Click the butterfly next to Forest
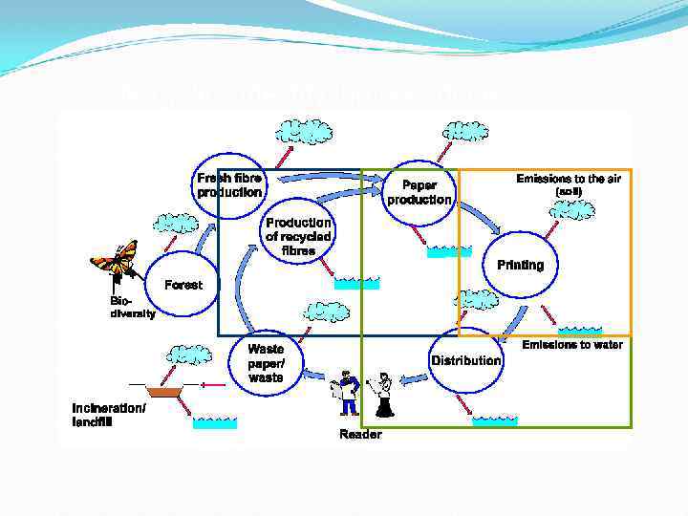point(116,261)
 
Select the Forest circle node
point(183,285)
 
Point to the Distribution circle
point(465,360)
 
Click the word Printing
point(520,265)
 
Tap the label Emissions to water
point(572,345)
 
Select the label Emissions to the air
point(568,179)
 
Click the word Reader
point(360,435)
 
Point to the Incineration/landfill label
point(109,416)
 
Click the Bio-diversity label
point(131,307)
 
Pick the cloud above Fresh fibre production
point(304,133)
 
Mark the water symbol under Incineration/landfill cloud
point(214,422)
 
